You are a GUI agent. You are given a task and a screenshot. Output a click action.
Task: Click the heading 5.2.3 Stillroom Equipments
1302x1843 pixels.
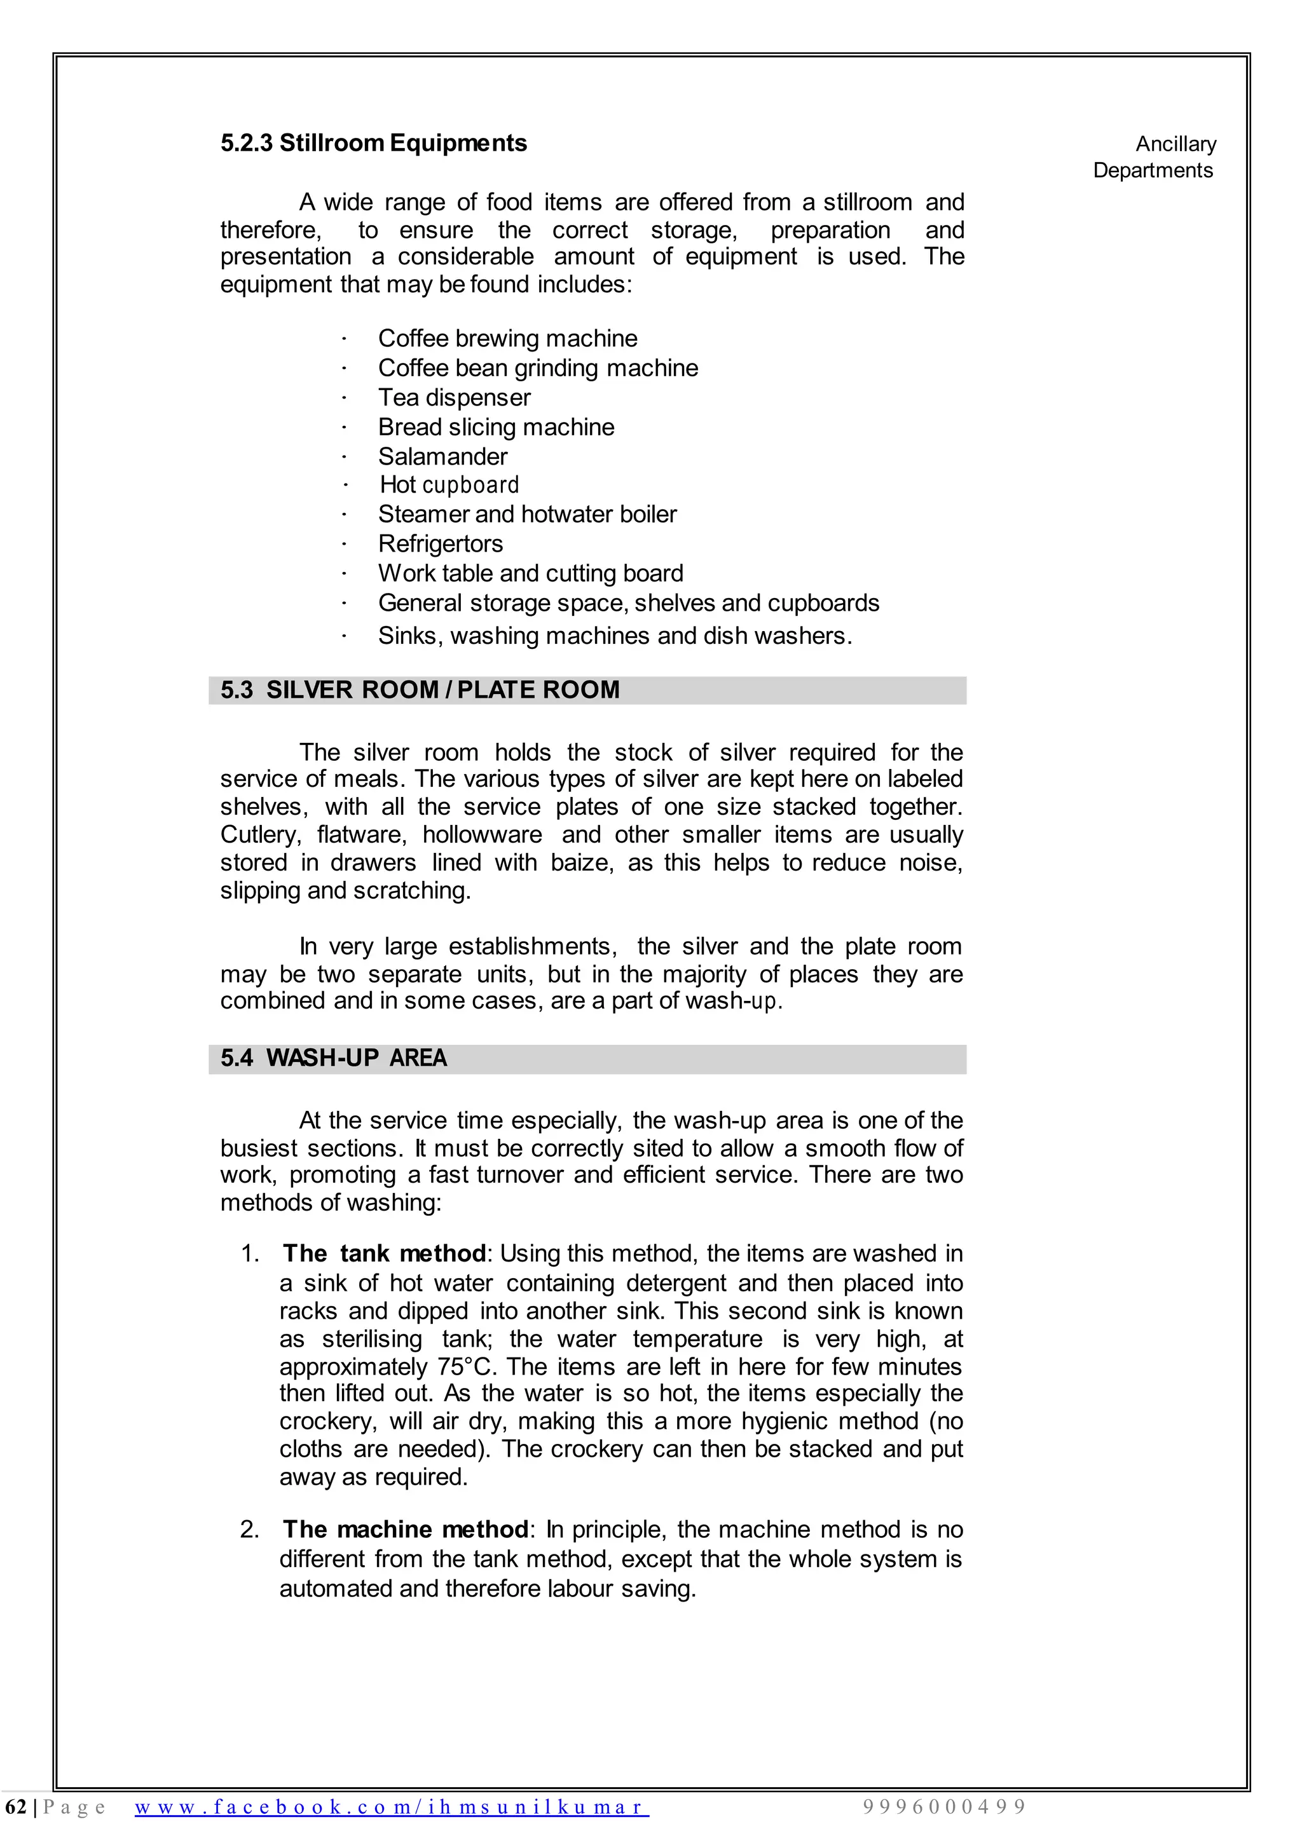point(373,143)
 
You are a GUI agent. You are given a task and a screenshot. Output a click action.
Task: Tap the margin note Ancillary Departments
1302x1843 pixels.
point(1155,158)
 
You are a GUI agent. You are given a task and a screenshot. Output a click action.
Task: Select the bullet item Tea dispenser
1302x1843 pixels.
point(454,397)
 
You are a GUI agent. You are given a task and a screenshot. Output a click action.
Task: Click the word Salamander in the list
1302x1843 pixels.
point(442,457)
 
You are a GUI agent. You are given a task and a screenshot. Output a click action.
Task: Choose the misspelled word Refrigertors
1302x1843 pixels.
point(440,544)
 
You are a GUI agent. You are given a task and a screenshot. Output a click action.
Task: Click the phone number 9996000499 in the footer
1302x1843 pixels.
point(945,1807)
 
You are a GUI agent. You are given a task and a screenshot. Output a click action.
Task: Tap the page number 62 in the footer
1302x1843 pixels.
point(15,1807)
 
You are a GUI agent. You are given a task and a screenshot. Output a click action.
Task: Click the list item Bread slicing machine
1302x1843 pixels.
point(496,427)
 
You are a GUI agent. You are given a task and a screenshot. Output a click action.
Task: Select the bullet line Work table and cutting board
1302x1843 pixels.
point(530,573)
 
